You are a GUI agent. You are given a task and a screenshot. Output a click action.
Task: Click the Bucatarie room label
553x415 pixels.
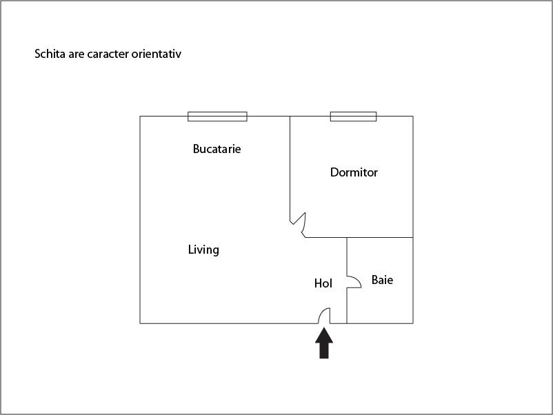click(217, 149)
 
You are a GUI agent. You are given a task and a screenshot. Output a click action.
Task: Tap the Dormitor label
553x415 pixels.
click(354, 172)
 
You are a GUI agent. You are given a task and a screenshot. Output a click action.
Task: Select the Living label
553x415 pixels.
click(203, 250)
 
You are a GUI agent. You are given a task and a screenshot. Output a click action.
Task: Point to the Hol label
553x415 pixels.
click(323, 283)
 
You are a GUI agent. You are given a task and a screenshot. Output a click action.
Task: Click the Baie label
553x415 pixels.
click(382, 280)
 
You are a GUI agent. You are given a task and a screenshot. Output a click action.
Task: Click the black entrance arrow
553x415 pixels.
click(324, 343)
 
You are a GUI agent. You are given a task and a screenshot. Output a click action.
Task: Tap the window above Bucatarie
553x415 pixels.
click(217, 117)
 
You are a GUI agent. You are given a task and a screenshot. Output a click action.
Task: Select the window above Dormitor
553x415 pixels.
click(353, 117)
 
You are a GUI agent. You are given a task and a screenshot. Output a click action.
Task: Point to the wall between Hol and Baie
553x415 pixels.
click(347, 281)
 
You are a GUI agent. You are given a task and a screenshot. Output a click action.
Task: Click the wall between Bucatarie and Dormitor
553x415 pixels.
click(290, 169)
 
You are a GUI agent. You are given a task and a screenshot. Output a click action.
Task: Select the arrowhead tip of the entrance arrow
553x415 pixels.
click(324, 328)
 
